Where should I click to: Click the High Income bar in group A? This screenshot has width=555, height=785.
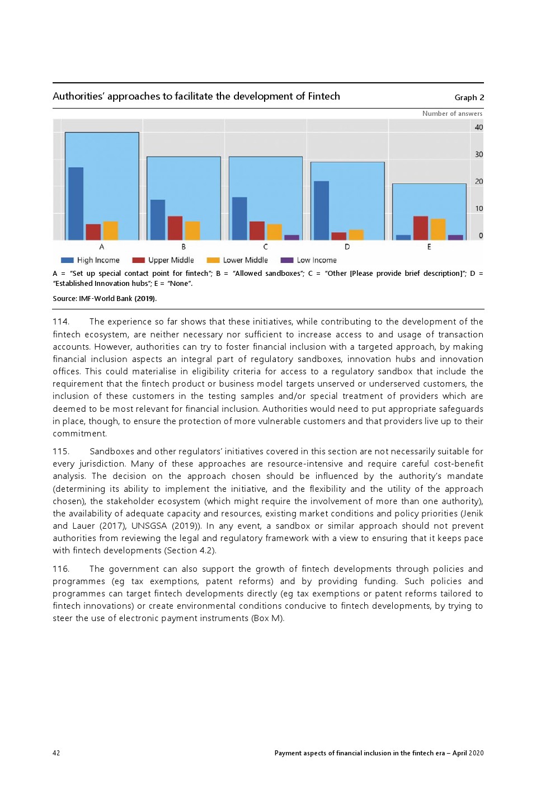[x=76, y=204]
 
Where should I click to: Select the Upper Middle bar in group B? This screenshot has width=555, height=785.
[x=175, y=228]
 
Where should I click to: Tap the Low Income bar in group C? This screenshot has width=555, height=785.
[x=291, y=237]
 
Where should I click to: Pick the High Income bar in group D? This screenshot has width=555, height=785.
[x=321, y=210]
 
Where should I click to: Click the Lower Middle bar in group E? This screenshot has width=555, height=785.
[x=438, y=229]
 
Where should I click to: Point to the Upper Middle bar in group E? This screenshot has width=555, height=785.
[x=421, y=228]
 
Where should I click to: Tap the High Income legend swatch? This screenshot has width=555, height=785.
[x=67, y=260]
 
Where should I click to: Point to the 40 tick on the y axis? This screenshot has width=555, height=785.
[x=478, y=128]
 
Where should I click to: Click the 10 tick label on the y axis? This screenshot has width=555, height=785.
[x=478, y=209]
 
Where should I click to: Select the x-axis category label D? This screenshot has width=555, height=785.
[x=347, y=247]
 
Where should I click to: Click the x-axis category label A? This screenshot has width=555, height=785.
[x=101, y=247]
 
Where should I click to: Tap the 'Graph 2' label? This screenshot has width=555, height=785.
[x=469, y=97]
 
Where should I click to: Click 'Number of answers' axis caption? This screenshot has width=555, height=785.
[x=452, y=114]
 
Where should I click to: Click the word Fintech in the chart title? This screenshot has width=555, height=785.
[x=323, y=96]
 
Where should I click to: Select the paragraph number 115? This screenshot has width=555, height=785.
[x=61, y=452]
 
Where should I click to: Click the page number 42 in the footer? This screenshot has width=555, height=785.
[x=57, y=753]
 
